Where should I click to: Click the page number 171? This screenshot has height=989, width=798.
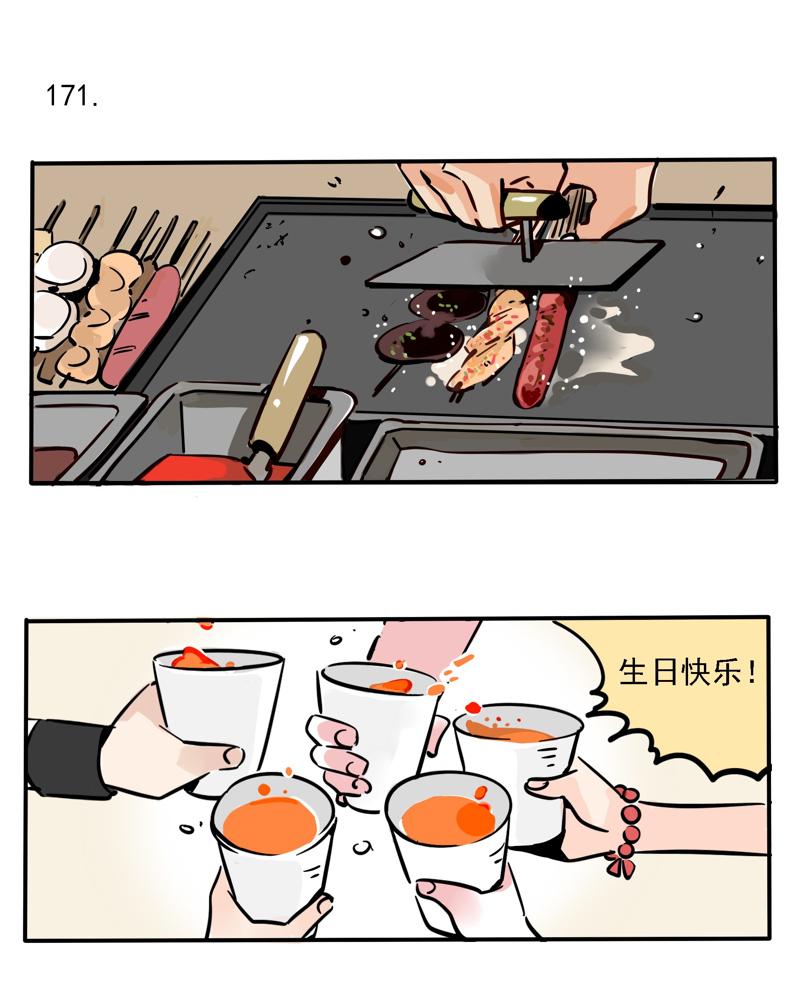[x=71, y=96]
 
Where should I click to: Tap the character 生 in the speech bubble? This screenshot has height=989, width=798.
[x=633, y=672]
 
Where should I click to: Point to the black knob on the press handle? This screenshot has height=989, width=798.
[x=554, y=206]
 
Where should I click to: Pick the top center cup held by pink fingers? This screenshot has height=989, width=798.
[x=377, y=713]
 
